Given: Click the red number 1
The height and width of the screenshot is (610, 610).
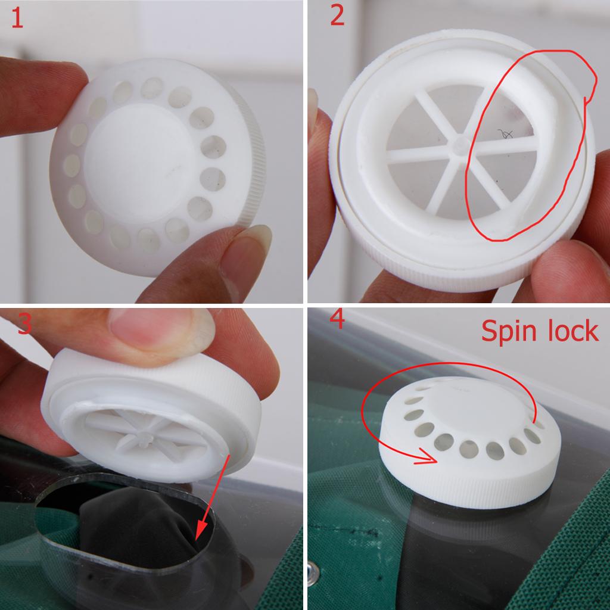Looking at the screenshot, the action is [x=17, y=18].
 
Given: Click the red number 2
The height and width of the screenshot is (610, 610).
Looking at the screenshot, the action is [x=337, y=15].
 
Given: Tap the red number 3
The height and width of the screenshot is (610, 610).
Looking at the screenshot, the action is [x=24, y=323].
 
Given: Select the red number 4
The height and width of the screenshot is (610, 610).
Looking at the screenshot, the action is [x=337, y=319].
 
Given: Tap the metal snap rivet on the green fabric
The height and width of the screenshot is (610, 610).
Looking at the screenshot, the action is [x=313, y=572].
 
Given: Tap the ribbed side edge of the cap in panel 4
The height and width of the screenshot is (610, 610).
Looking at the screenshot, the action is [x=471, y=488].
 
